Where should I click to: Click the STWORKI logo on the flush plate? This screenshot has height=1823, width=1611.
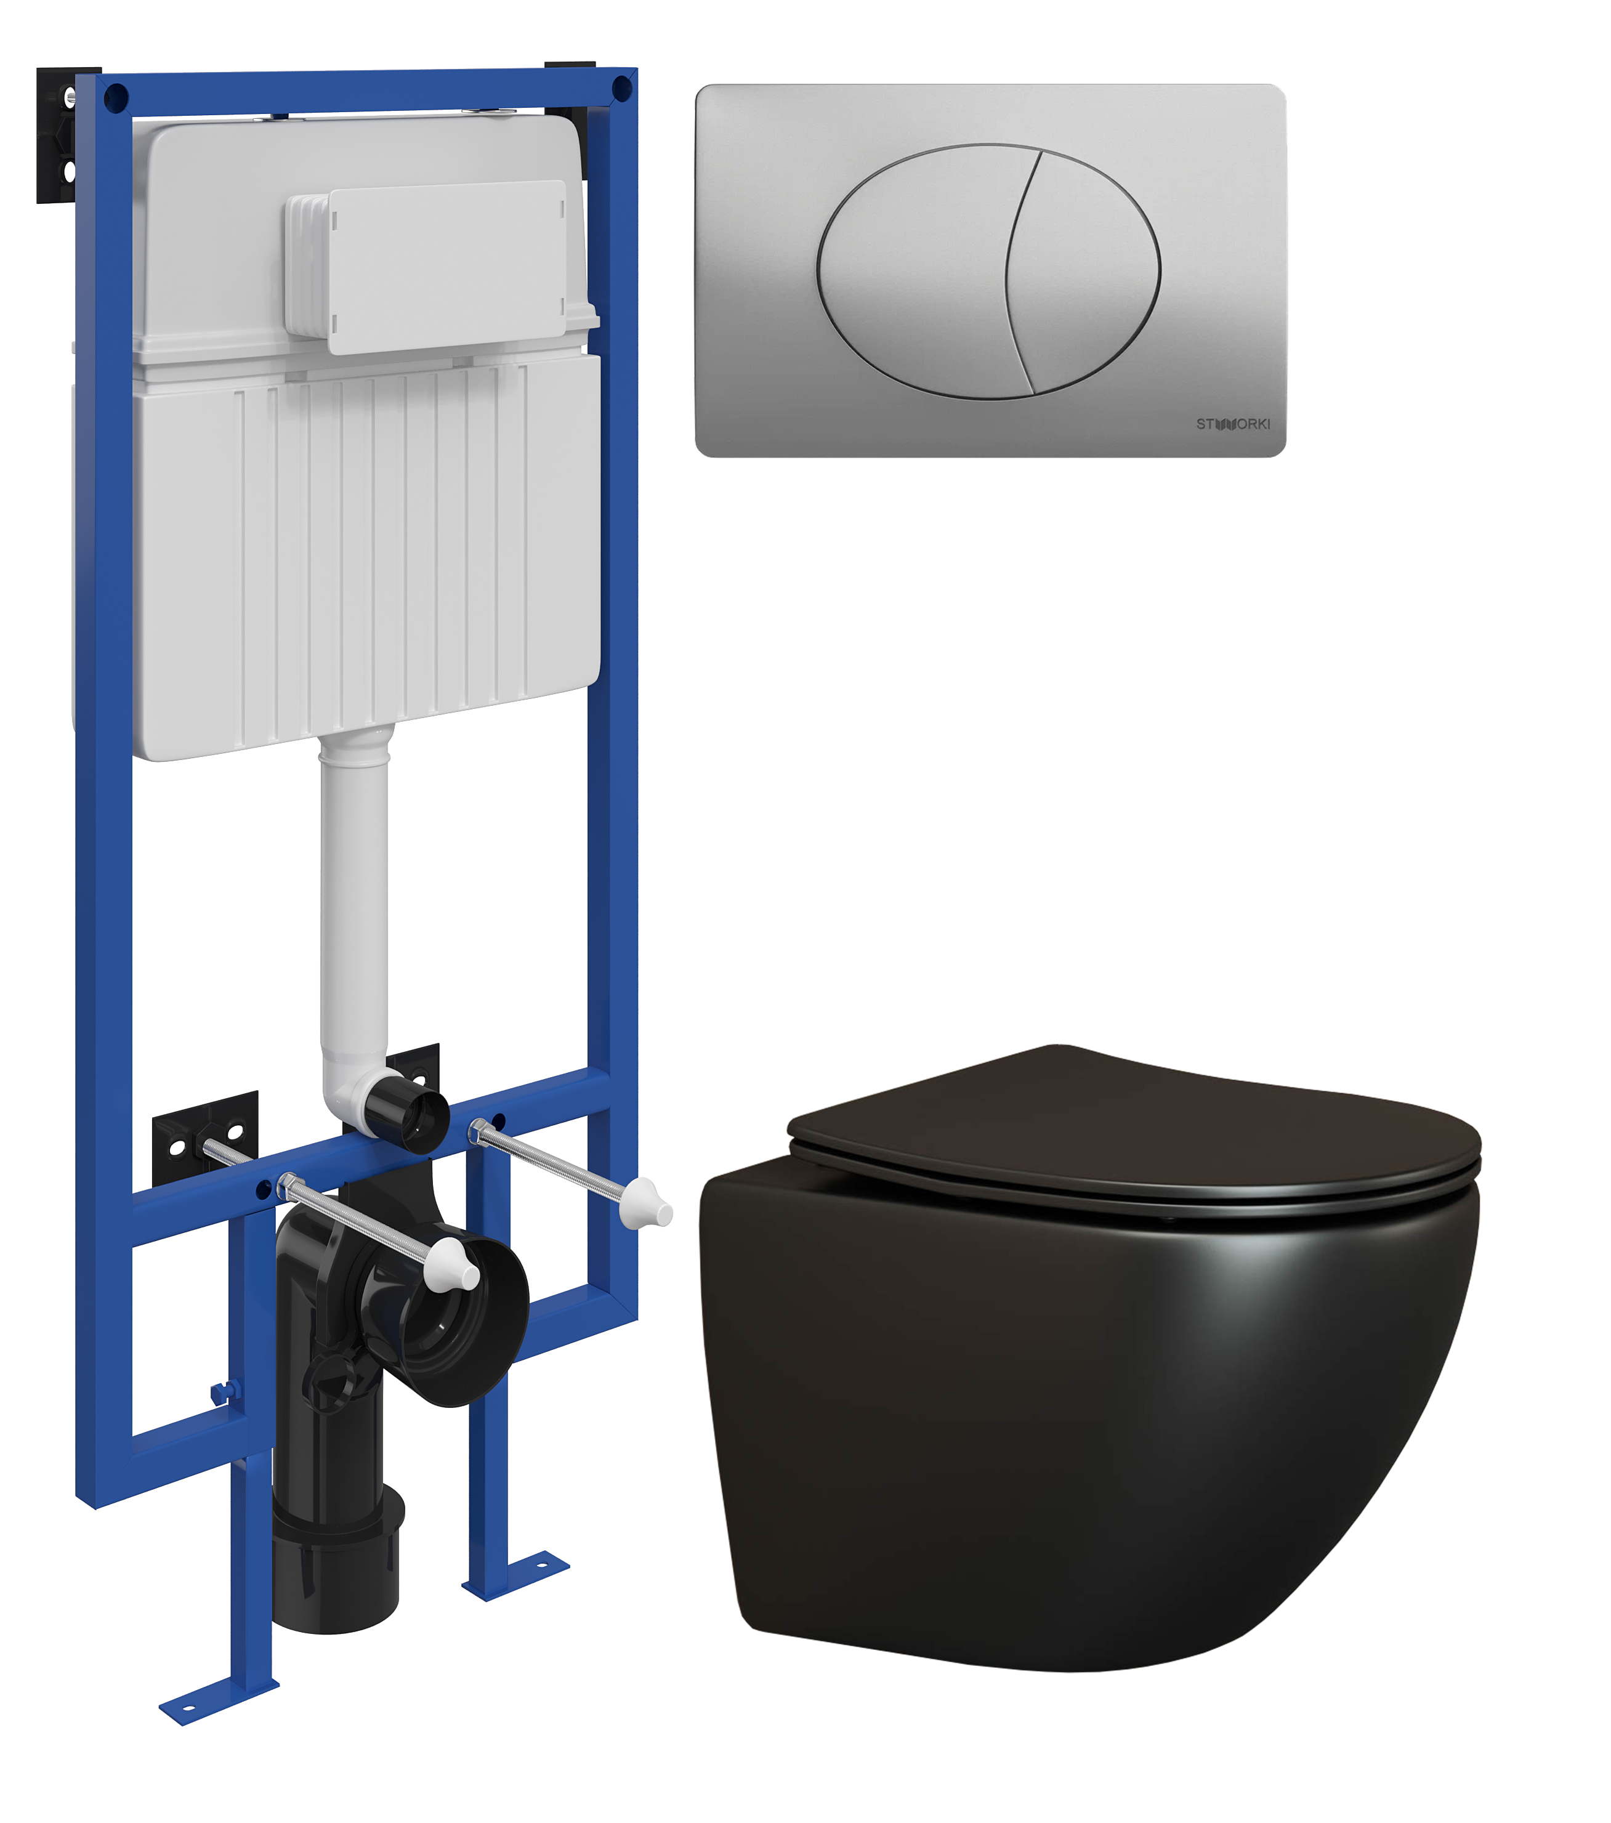(1233, 424)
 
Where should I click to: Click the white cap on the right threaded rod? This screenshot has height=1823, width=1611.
(648, 1204)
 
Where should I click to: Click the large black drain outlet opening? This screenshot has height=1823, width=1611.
(455, 1320)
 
